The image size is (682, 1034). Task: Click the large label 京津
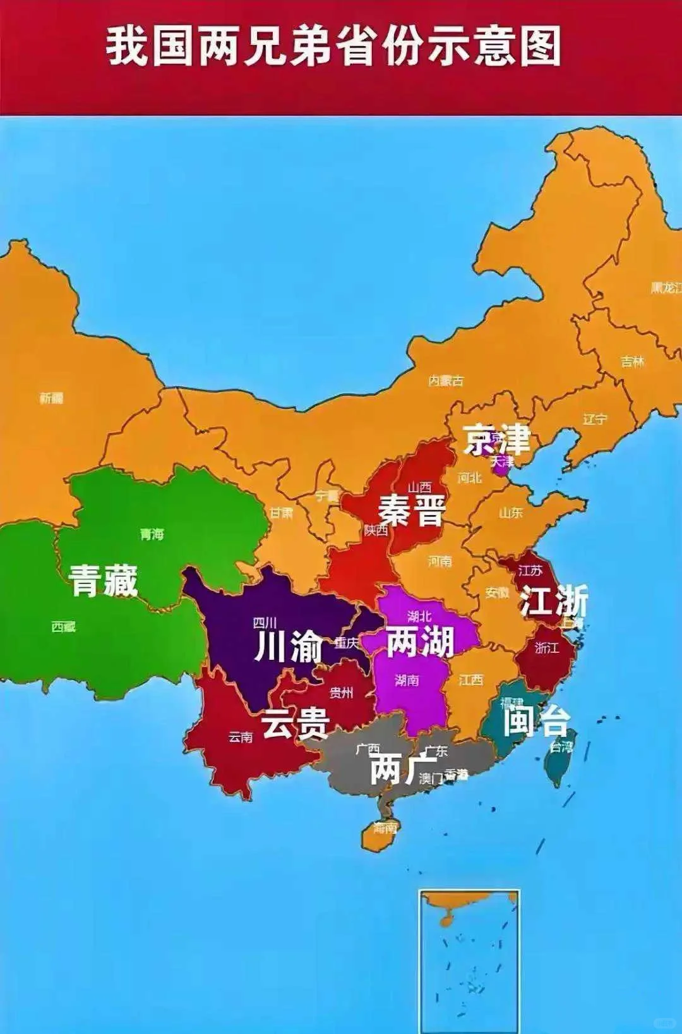[x=496, y=440]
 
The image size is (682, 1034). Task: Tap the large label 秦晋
[x=412, y=510]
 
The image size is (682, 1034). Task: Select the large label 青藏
[x=103, y=580]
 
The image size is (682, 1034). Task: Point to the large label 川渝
[x=289, y=647]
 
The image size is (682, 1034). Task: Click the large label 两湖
[x=419, y=641]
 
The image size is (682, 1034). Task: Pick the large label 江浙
[x=554, y=600]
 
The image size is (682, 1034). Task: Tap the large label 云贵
[x=296, y=722]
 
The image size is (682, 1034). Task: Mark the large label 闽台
[x=536, y=721]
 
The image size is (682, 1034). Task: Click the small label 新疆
[x=51, y=398]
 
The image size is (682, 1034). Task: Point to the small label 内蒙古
[x=446, y=380]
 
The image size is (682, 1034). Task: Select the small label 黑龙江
[x=666, y=288]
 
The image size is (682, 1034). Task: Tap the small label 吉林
[x=632, y=362]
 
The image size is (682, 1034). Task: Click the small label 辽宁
[x=594, y=418]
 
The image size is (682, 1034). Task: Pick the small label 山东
[x=511, y=513]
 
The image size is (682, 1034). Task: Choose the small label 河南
[x=440, y=561]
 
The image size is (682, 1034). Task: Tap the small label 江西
[x=470, y=680]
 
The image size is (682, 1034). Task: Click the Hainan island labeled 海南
[x=382, y=829]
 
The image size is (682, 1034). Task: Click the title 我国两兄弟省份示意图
[x=333, y=46]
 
